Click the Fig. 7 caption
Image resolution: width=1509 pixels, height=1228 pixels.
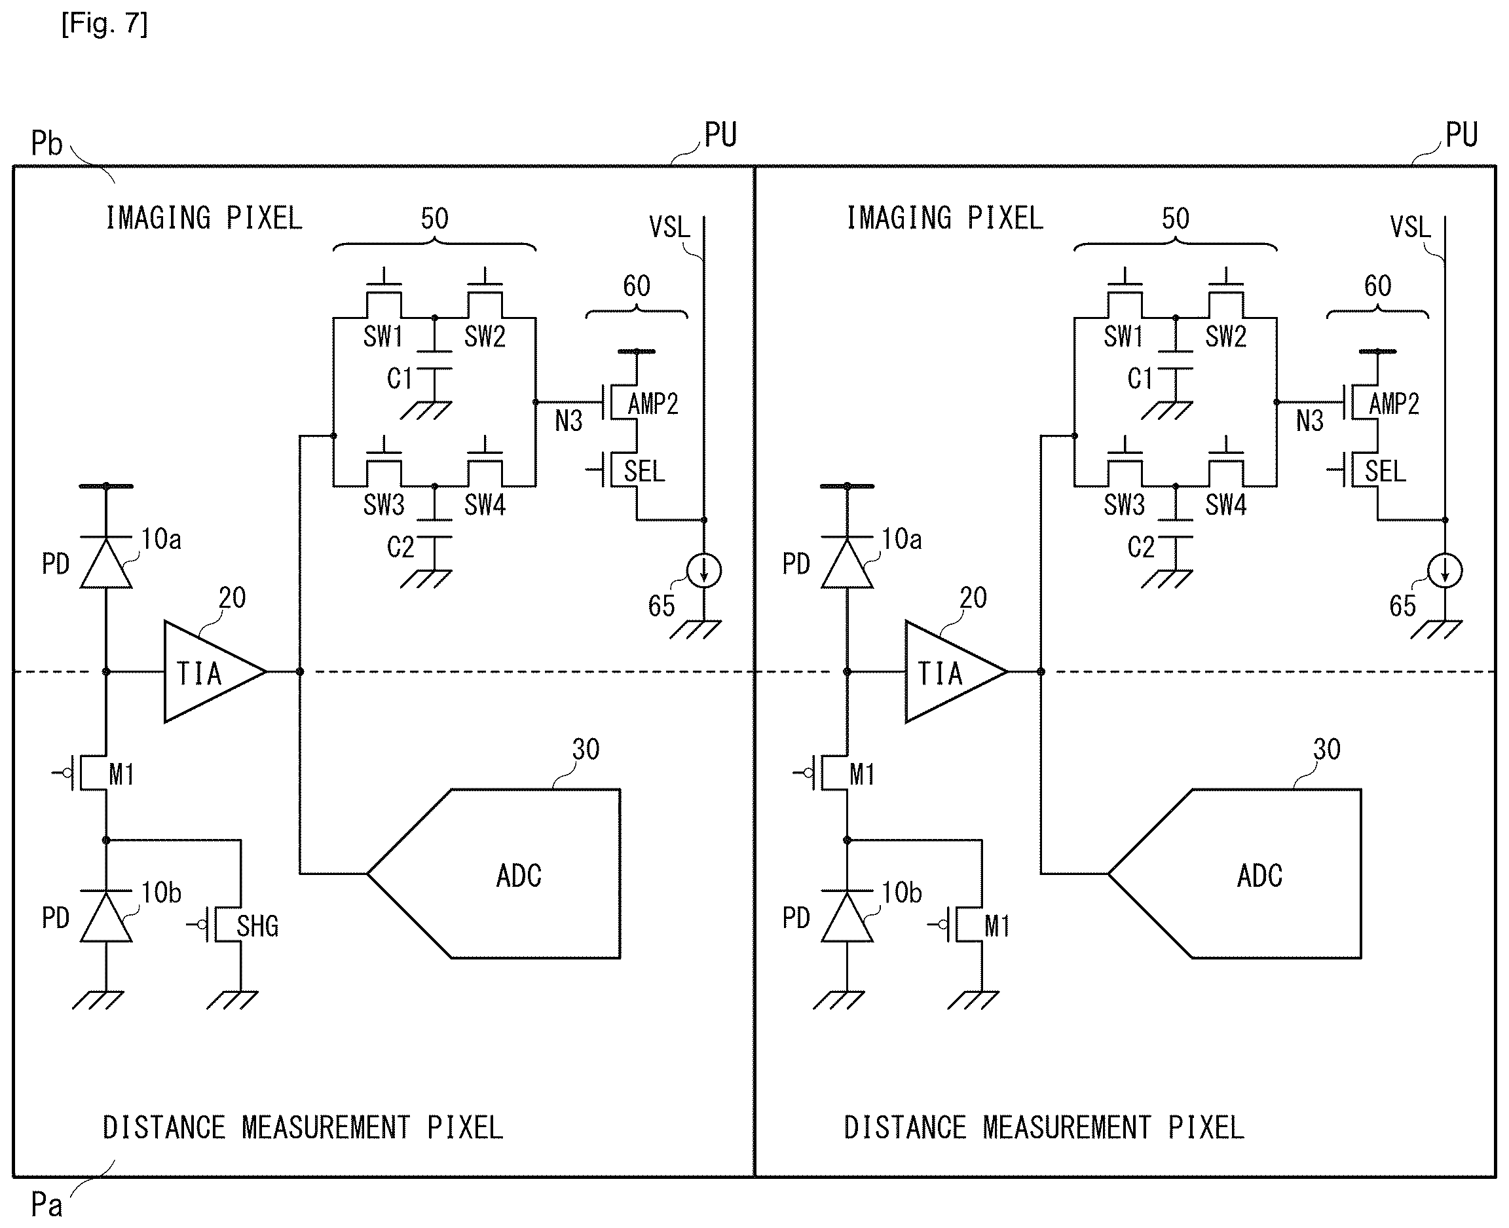point(105,24)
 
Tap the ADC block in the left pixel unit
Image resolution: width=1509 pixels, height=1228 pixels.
point(494,874)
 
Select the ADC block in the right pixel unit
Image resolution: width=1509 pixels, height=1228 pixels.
point(1235,874)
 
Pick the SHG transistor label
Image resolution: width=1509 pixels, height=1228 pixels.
point(257,926)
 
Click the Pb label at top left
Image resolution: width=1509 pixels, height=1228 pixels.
point(47,143)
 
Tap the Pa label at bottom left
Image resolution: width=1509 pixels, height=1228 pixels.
point(47,1204)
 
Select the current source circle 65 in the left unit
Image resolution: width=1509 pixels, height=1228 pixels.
point(704,570)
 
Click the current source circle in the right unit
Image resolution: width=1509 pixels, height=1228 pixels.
point(1445,570)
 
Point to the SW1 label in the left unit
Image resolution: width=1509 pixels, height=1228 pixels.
point(383,336)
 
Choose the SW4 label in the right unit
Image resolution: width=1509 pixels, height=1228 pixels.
point(1226,504)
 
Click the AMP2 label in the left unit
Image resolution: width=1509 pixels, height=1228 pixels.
point(653,403)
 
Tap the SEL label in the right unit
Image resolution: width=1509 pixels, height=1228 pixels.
point(1386,471)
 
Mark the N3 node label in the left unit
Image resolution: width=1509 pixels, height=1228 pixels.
point(568,421)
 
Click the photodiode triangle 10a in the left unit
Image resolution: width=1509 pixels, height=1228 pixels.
point(106,563)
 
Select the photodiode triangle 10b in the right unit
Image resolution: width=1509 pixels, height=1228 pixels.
point(847,917)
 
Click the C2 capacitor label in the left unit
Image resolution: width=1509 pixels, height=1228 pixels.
point(400,547)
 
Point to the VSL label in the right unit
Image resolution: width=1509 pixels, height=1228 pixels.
point(1410,227)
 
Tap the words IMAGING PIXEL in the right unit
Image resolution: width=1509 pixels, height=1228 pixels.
point(945,218)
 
